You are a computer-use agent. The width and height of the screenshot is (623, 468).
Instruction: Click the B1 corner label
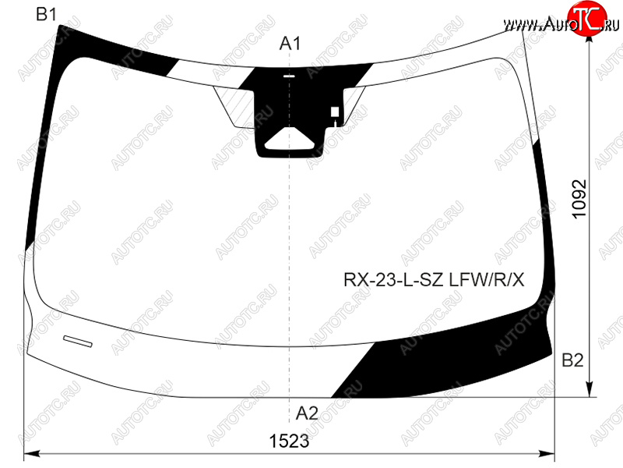click(46, 15)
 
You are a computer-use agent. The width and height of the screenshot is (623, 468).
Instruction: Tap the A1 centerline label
click(290, 44)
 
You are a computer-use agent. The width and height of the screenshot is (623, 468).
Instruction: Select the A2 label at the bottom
click(307, 413)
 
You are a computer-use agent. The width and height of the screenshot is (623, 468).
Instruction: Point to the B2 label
click(572, 360)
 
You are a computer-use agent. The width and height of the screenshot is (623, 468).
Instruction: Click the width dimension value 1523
click(289, 441)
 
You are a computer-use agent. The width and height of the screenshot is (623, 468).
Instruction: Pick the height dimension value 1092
click(579, 199)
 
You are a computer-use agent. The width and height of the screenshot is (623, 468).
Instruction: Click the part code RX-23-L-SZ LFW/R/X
click(434, 280)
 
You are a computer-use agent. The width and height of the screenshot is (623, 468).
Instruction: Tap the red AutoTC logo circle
click(587, 19)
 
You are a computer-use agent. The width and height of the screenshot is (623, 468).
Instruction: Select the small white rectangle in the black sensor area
click(335, 112)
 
